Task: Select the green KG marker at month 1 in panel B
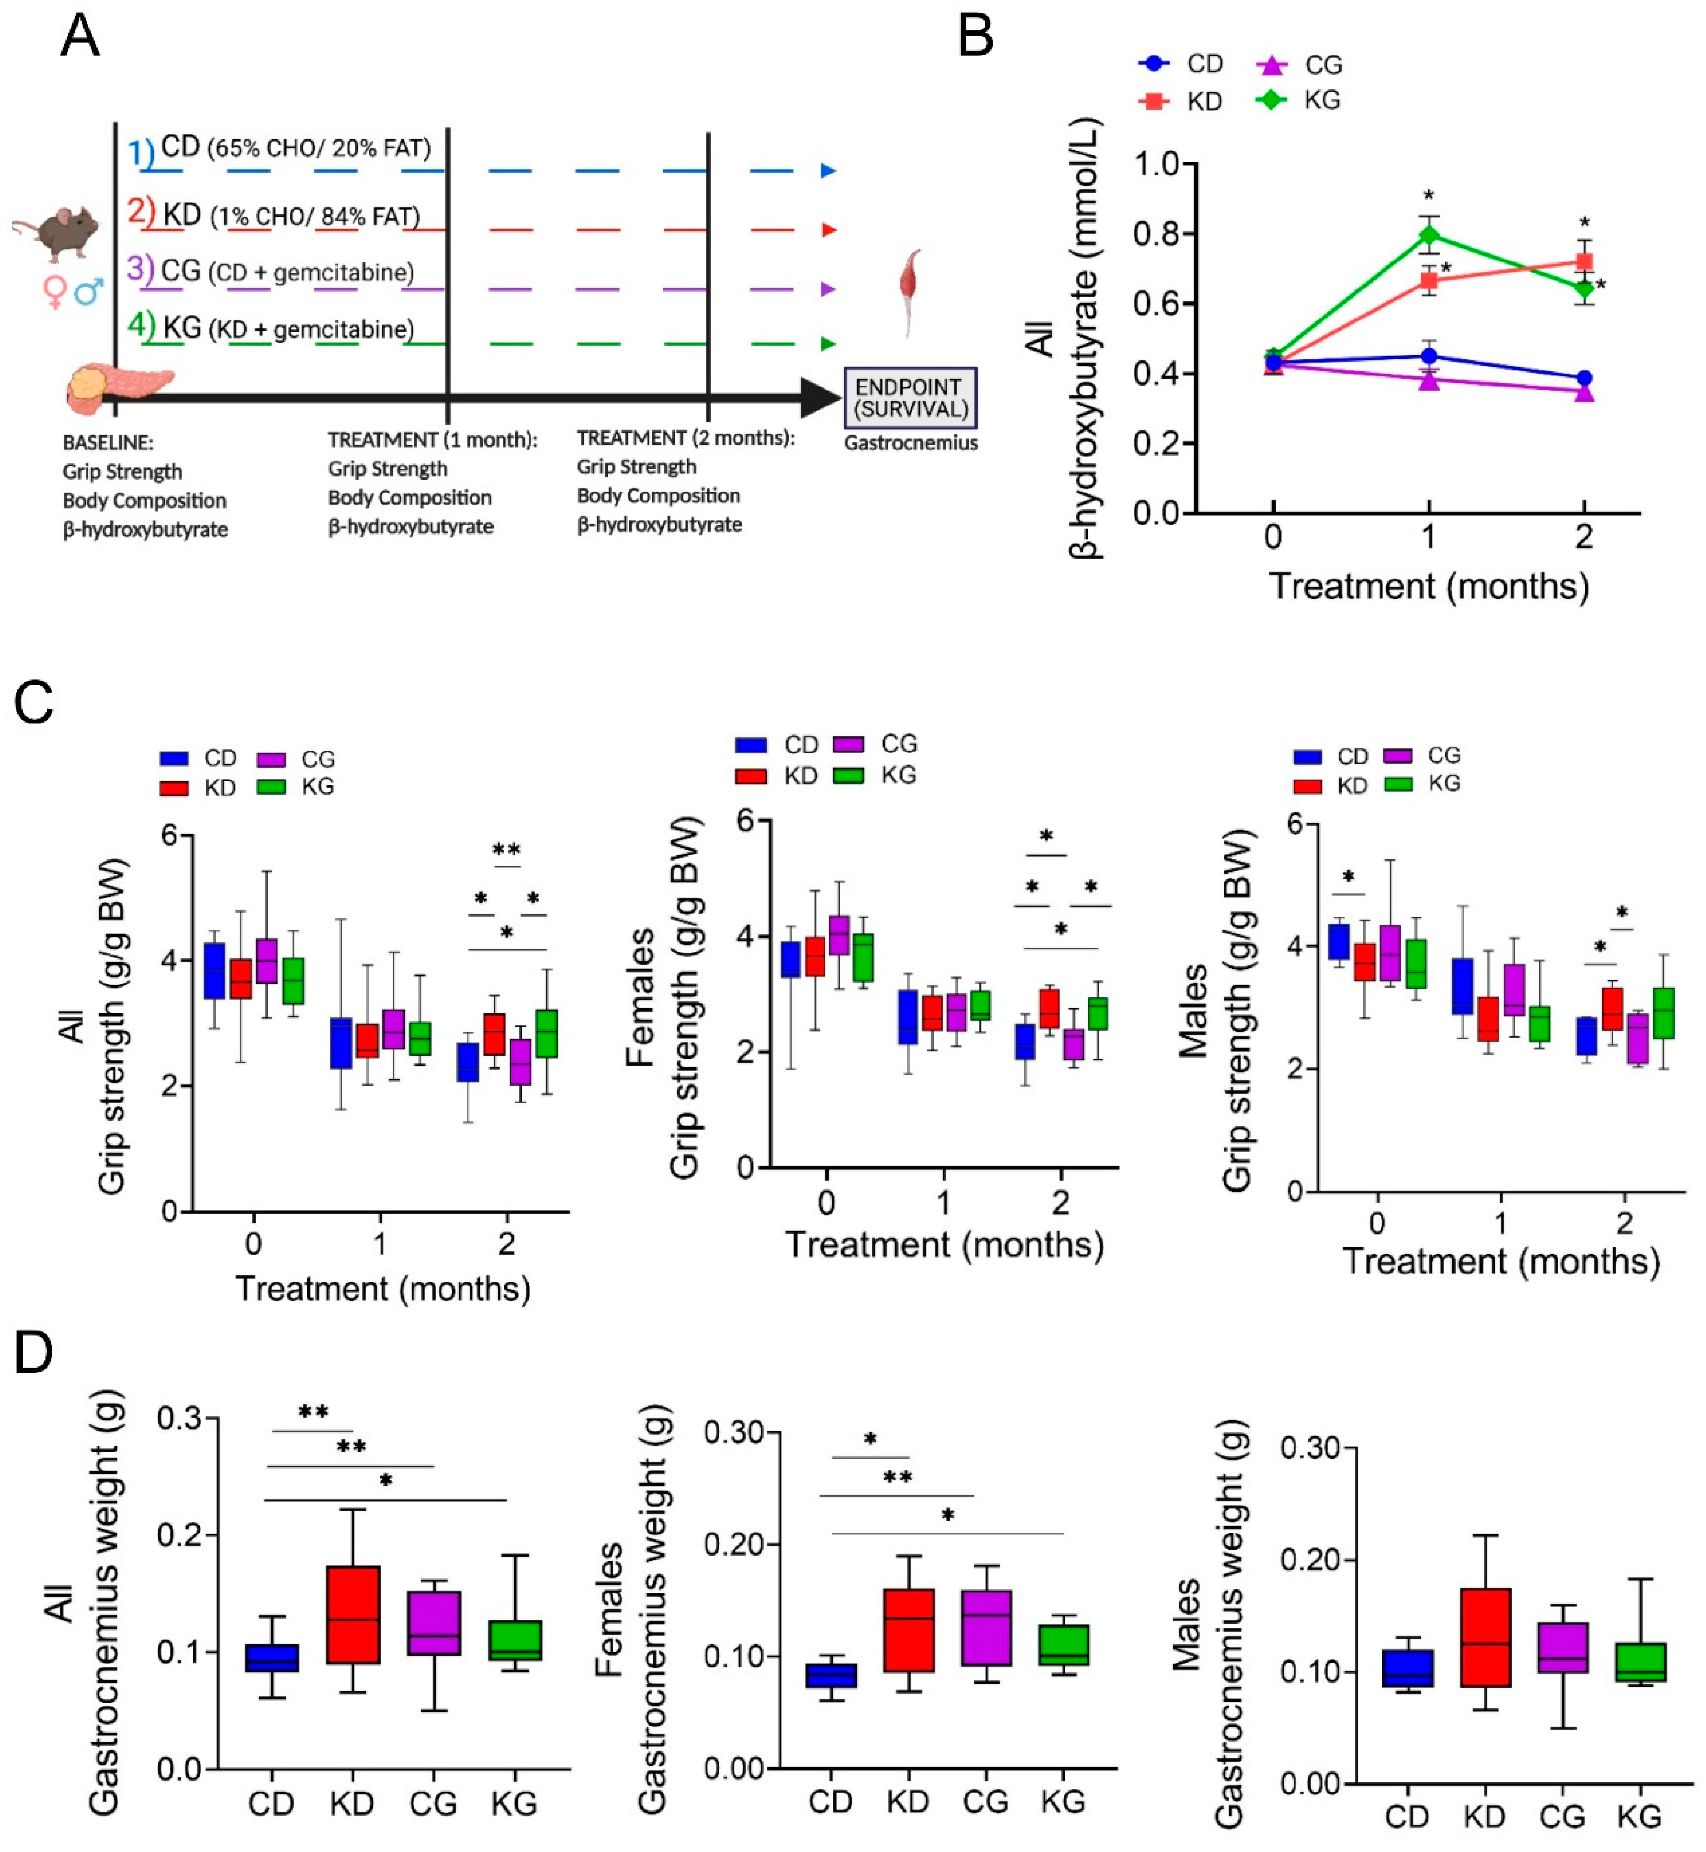[x=1428, y=234]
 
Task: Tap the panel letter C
[x=34, y=703]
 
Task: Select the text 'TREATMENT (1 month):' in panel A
[x=432, y=440]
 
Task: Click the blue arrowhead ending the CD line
[x=828, y=171]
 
